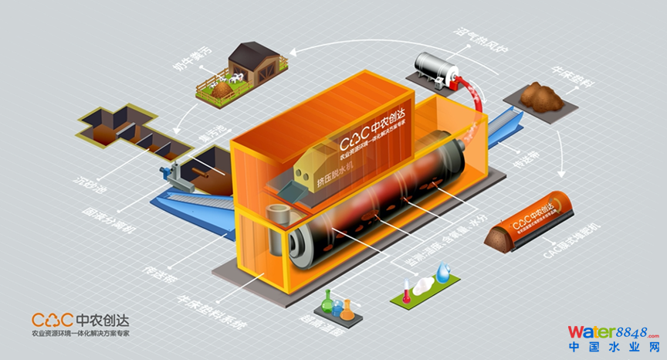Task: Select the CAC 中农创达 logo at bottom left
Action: tap(80, 323)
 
